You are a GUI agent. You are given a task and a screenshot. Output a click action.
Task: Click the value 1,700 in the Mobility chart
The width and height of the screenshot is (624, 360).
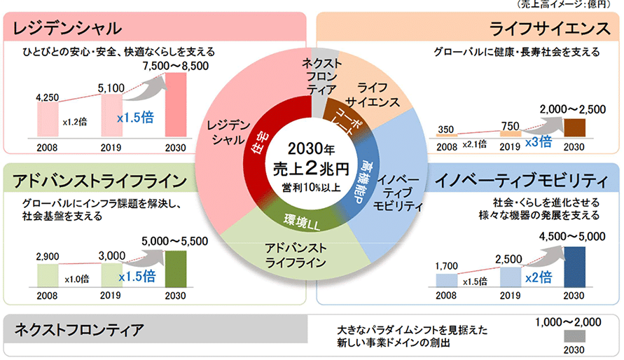coord(447,265)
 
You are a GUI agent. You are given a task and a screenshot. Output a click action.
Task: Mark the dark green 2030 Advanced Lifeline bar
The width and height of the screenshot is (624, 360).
coord(176,268)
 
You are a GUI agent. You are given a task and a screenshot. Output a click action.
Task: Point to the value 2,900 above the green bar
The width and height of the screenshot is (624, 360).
coord(48,256)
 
